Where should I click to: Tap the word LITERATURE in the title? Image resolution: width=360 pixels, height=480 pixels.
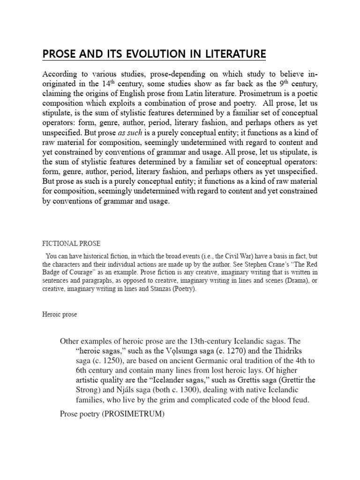pos(228,54)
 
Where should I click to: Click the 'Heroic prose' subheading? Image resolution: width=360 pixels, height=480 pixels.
pos(60,315)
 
